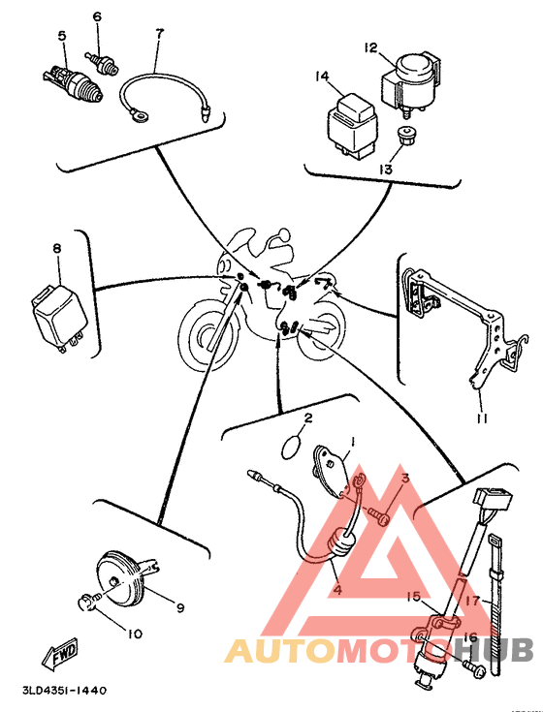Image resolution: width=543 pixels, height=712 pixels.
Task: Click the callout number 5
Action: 62,36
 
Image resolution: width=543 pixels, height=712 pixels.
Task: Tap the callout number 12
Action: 370,47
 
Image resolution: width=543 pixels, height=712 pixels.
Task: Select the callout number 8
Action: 57,248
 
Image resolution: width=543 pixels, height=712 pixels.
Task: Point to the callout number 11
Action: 482,418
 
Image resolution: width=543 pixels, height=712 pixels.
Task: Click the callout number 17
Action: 472,601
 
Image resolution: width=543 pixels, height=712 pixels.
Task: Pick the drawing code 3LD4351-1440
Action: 65,691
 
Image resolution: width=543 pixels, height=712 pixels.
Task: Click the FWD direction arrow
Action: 60,656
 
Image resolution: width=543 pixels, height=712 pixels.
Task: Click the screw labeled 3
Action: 379,515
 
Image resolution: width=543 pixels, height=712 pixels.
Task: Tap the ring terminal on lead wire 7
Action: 140,115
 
